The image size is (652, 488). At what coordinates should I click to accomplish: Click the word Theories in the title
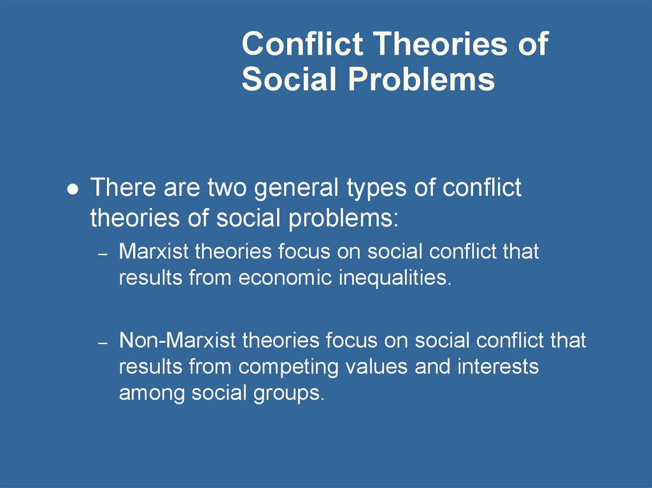pos(441,44)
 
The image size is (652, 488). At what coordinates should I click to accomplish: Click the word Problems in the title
pos(422,79)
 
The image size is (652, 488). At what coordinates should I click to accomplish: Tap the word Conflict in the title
pos(302,43)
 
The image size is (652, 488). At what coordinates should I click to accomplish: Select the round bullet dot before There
pos(73,189)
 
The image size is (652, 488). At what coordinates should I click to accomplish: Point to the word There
pos(124,187)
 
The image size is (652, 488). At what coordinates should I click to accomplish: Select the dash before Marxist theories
pos(103,254)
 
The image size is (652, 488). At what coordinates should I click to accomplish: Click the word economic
pos(285,277)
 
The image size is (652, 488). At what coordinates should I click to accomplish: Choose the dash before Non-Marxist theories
pos(103,343)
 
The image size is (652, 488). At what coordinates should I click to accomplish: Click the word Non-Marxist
pos(178,340)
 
